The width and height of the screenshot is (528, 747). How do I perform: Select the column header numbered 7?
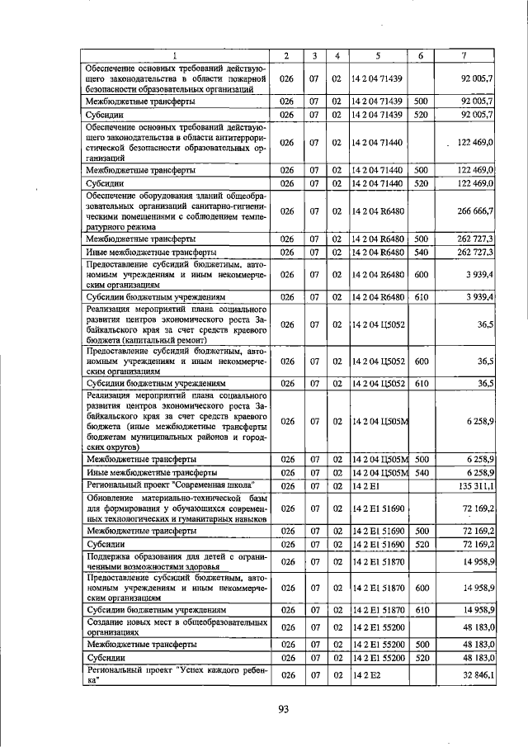[465, 55]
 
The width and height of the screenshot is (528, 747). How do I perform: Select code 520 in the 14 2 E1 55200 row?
[420, 658]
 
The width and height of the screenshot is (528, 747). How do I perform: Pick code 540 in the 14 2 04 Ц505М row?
[420, 472]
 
